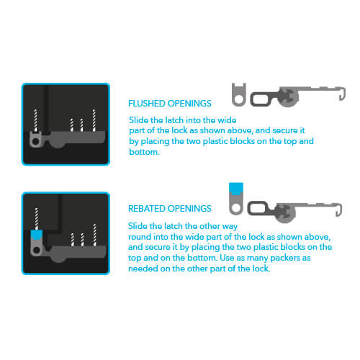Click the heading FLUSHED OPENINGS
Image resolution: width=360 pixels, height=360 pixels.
[x=170, y=104]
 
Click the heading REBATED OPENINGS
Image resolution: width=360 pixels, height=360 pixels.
[x=170, y=209]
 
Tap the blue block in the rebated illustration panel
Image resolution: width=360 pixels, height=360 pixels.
[x=37, y=235]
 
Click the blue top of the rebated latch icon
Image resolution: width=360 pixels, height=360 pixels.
[x=236, y=189]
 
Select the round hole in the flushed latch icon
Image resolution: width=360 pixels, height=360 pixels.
[x=239, y=99]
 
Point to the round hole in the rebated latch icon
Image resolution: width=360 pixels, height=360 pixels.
[x=236, y=208]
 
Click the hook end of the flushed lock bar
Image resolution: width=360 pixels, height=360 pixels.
[x=343, y=94]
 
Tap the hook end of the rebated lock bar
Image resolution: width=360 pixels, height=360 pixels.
[x=339, y=210]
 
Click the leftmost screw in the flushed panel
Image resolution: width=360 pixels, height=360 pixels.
[x=36, y=120]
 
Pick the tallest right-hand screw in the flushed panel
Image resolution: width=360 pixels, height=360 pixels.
[x=94, y=120]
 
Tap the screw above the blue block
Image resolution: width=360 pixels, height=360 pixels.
[x=37, y=219]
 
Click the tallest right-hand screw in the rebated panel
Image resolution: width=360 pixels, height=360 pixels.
[x=95, y=235]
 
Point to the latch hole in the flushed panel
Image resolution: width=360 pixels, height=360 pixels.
[x=35, y=141]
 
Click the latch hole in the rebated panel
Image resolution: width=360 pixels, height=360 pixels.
[x=37, y=250]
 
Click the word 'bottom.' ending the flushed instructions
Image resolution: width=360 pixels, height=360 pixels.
[x=144, y=152]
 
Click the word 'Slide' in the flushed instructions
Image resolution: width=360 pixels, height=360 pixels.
[x=138, y=120]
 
